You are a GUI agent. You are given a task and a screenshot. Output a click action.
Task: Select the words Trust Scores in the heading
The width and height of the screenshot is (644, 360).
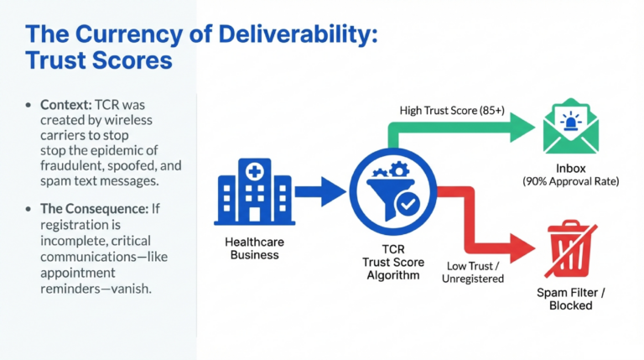click(x=99, y=61)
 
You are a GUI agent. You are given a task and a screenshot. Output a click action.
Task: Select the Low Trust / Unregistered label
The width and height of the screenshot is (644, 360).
click(x=474, y=272)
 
